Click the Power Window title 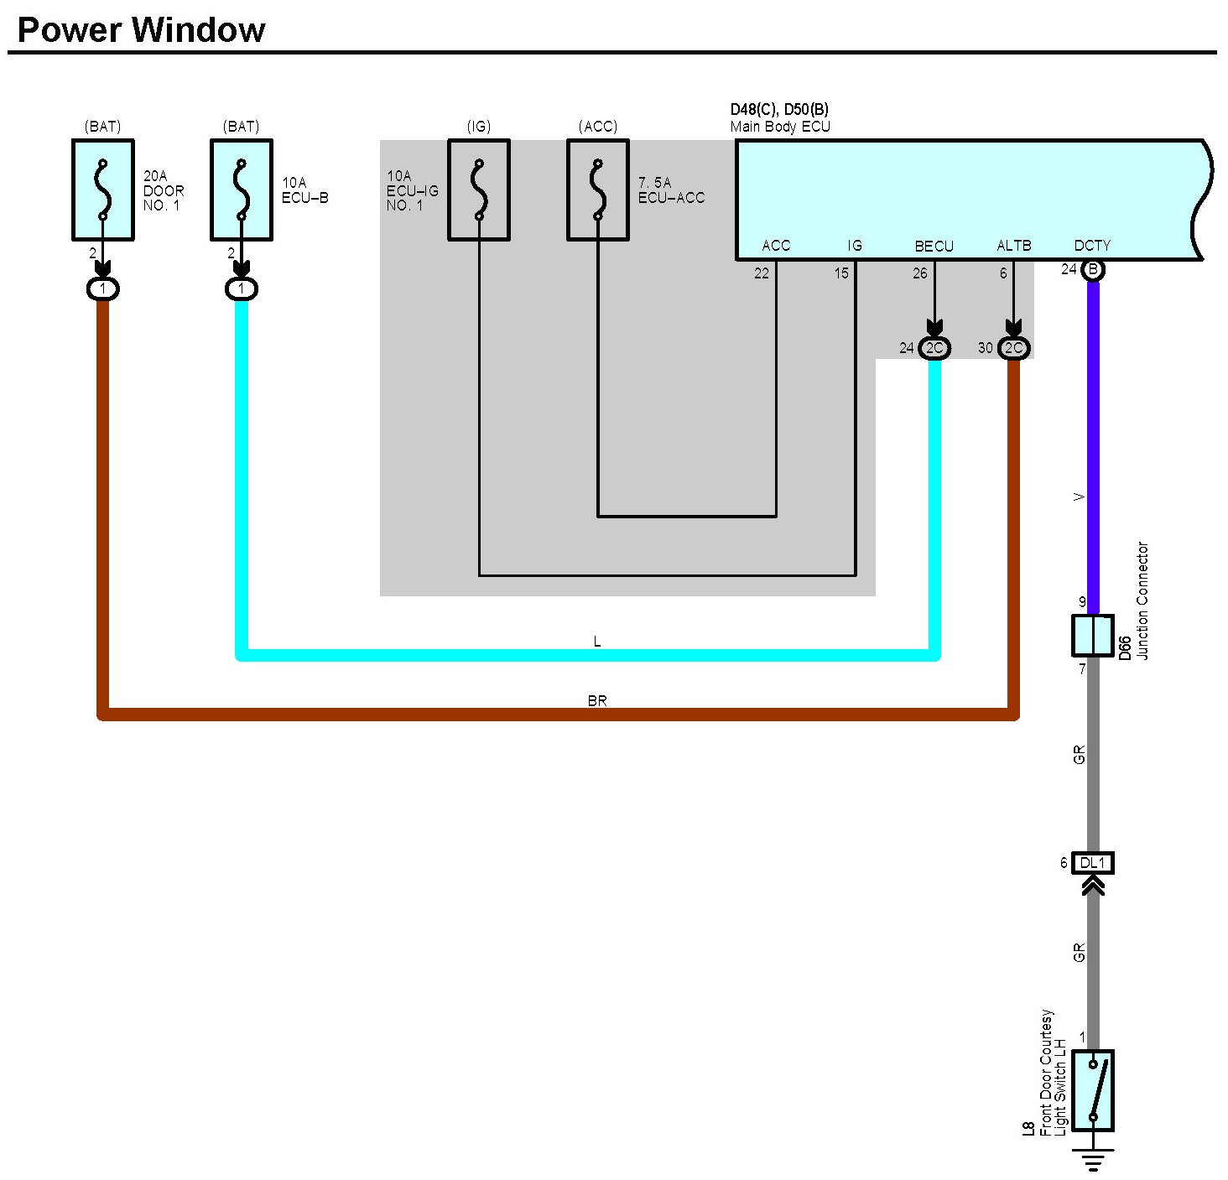click(142, 29)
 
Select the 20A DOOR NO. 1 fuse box click(103, 190)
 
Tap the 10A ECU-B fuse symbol click(241, 190)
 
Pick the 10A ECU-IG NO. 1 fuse click(479, 190)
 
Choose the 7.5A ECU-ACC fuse click(597, 190)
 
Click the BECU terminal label click(934, 246)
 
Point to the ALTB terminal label click(1013, 246)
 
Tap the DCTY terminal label click(1092, 246)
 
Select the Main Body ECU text click(780, 126)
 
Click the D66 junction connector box click(1092, 636)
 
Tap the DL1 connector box click(1092, 863)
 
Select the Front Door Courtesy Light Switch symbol click(1092, 1091)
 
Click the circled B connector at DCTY click(1092, 270)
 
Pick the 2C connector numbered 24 click(934, 348)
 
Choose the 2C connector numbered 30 click(1013, 348)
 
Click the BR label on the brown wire click(597, 700)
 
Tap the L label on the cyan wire click(597, 642)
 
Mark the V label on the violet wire click(1079, 497)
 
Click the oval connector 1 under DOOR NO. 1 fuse click(103, 289)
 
